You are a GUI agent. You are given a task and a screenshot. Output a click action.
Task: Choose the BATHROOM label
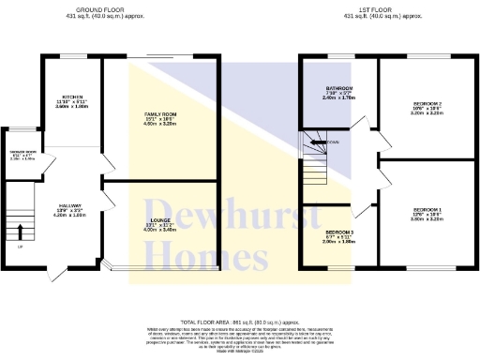pyautogui.click(x=337, y=87)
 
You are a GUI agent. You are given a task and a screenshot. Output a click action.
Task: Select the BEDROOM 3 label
pyautogui.click(x=337, y=232)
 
